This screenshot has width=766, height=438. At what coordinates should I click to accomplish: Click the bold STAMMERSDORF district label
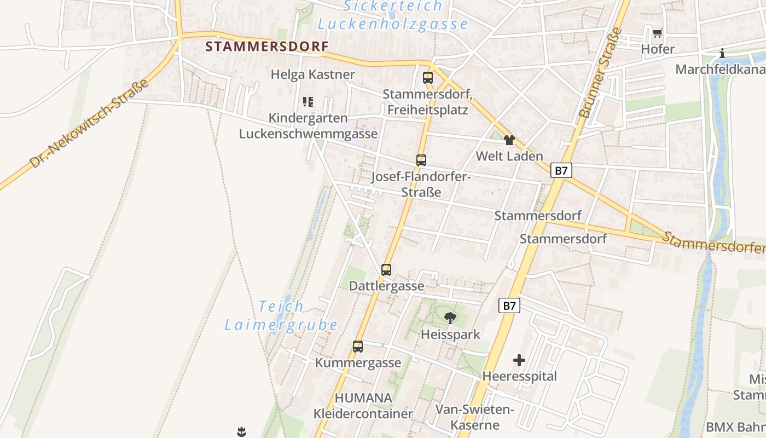(267, 47)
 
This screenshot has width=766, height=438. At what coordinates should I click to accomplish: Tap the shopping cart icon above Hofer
(657, 33)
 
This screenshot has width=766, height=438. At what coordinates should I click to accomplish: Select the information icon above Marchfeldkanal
(722, 53)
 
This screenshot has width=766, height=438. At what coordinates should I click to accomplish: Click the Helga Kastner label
(313, 74)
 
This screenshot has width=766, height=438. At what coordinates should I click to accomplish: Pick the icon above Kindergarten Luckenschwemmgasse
(308, 101)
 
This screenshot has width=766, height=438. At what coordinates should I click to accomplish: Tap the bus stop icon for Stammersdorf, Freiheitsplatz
(428, 77)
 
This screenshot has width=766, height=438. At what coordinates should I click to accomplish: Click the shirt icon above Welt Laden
(509, 140)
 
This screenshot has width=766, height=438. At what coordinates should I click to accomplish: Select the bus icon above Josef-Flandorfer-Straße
(421, 160)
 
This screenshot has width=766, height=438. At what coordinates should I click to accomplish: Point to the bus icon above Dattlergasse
(386, 269)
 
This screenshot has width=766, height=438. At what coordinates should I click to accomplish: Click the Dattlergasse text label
(386, 286)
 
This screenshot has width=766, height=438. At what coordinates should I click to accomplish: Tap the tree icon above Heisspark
(450, 318)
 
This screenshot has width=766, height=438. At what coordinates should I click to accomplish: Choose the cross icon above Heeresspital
(519, 360)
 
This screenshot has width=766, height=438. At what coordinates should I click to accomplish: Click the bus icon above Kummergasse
(358, 346)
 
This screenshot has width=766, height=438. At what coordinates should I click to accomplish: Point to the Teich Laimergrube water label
(281, 315)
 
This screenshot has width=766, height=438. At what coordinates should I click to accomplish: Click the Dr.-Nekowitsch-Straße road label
(90, 124)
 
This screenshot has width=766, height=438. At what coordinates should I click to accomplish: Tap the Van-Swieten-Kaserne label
(474, 417)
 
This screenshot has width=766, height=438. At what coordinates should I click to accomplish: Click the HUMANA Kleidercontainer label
(363, 406)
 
